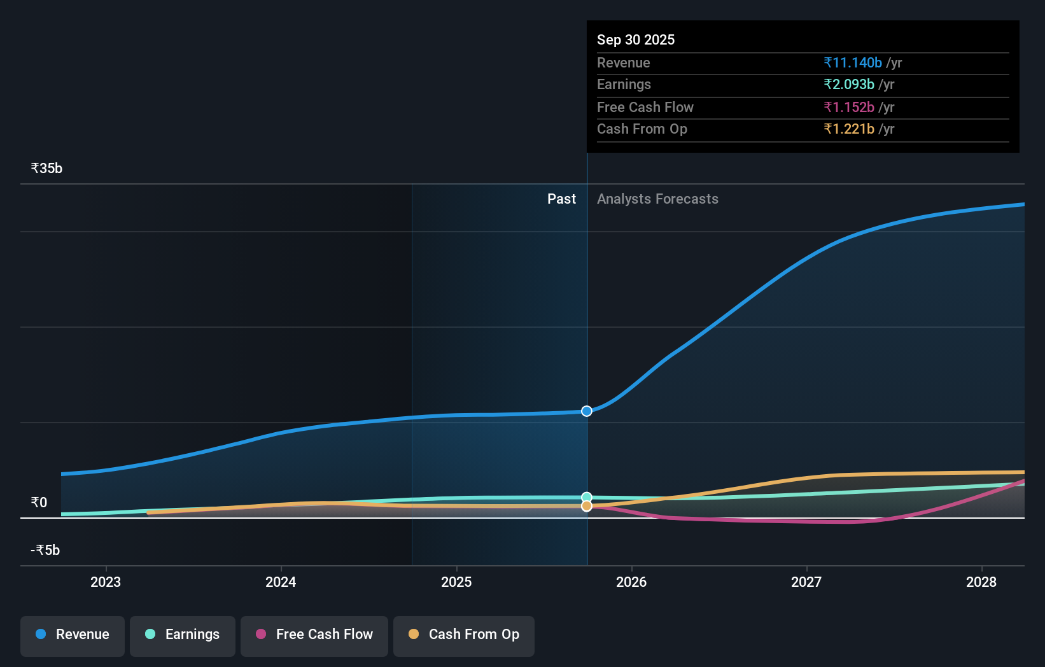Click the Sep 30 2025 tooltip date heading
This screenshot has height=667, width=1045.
635,39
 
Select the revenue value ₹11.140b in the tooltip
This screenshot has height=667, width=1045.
852,62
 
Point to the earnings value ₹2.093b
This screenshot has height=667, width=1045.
848,85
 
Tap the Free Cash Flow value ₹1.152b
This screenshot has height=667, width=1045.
848,107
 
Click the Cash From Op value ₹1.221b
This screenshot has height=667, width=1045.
848,129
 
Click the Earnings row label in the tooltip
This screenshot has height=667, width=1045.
624,85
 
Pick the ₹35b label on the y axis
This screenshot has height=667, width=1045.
46,169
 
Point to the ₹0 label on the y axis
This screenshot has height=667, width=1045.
39,503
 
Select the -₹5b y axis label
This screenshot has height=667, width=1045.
45,551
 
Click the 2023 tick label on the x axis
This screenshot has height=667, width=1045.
106,582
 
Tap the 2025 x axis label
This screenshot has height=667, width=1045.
456,582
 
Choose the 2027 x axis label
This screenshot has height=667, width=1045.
806,582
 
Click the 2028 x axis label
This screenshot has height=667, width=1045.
981,582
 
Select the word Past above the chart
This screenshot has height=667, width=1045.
561,199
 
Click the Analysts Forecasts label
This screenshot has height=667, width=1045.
657,199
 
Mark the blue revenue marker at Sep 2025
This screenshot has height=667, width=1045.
587,411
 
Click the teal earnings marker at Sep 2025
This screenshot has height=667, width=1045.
587,497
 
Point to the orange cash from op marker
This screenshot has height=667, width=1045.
587,506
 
